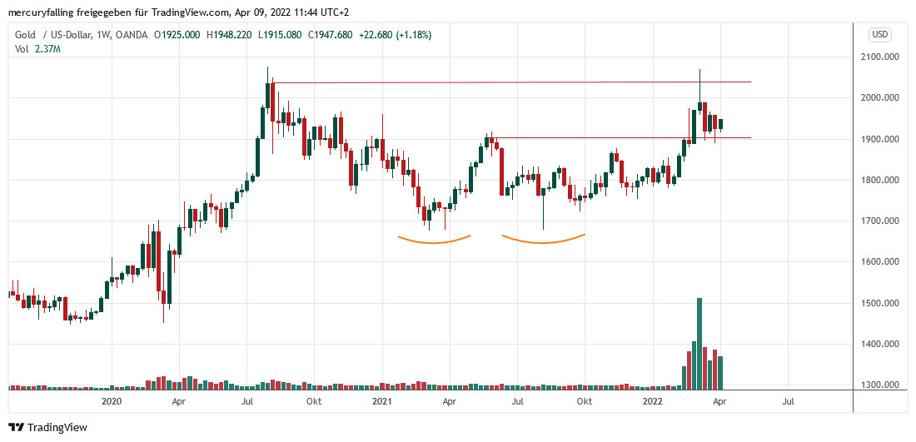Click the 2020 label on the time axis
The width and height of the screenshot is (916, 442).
pyautogui.click(x=111, y=401)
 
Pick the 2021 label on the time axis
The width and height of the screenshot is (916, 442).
pyautogui.click(x=381, y=401)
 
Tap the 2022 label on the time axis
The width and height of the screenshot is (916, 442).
pyautogui.click(x=653, y=401)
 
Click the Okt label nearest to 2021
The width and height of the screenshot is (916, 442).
pyautogui.click(x=314, y=401)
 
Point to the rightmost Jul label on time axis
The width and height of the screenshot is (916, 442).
pyautogui.click(x=788, y=401)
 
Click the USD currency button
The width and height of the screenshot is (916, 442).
pyautogui.click(x=880, y=34)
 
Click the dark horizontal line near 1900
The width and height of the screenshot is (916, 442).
pyautogui.click(x=625, y=138)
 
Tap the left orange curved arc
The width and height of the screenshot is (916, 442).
pyautogui.click(x=434, y=241)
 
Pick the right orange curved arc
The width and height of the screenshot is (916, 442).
pyautogui.click(x=543, y=241)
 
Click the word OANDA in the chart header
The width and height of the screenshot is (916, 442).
pyautogui.click(x=132, y=34)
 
